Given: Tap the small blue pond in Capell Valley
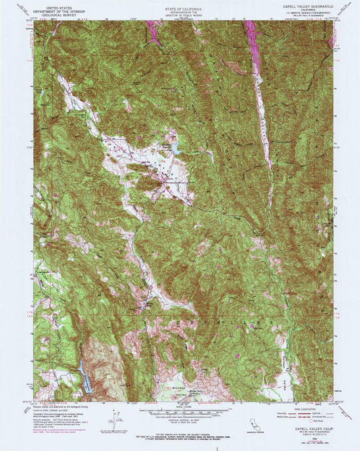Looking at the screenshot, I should [174, 146].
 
